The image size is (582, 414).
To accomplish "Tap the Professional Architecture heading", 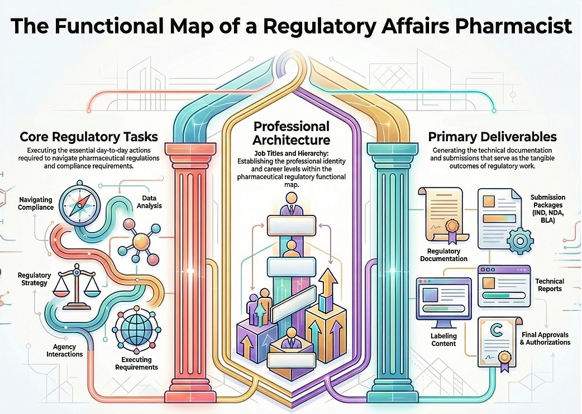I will click(x=291, y=133).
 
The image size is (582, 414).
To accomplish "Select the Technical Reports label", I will click(x=550, y=285).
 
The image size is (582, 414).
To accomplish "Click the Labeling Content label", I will click(x=443, y=339).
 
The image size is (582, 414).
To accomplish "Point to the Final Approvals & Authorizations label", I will click(x=545, y=338).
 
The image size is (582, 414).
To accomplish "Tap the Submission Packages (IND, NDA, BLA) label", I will click(x=547, y=208).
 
